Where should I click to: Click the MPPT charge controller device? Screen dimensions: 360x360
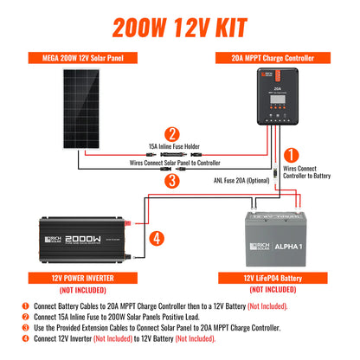(277, 100)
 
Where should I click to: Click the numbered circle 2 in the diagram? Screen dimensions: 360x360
(173, 134)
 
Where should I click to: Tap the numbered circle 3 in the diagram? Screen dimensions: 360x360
(173, 181)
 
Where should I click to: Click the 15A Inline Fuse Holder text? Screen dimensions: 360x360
(173, 149)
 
